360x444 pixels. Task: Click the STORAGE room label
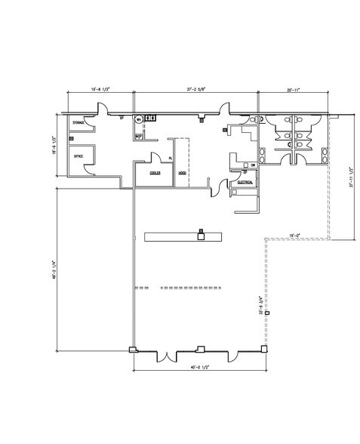pos(78,122)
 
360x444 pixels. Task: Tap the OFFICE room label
pos(78,156)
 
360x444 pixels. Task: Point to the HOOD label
pos(182,173)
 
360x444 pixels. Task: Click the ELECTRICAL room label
pos(245,182)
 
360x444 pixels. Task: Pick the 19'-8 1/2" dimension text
pos(100,90)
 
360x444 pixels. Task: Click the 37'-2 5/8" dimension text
pos(195,90)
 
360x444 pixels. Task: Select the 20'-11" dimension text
pos(293,90)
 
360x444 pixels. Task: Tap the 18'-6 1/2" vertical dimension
pos(56,143)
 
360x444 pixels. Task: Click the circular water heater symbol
pos(138,119)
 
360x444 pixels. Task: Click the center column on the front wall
pos(199,348)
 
